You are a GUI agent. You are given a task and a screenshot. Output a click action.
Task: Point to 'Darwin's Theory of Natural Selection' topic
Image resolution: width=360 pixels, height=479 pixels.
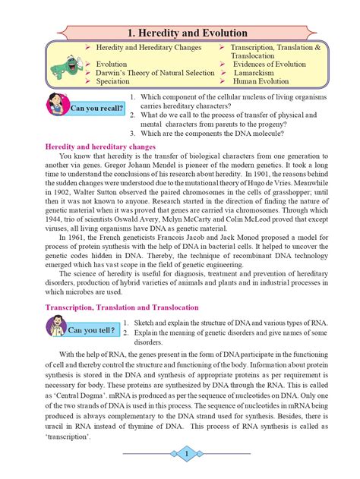pyautogui.click(x=155, y=73)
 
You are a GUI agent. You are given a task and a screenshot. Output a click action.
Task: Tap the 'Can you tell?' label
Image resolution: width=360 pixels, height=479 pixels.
pyautogui.click(x=92, y=330)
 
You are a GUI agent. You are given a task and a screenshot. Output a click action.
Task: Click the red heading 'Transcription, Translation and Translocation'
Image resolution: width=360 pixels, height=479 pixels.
pyautogui.click(x=122, y=307)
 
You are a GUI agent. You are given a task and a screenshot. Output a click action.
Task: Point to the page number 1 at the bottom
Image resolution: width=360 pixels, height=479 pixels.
pyautogui.click(x=186, y=453)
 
